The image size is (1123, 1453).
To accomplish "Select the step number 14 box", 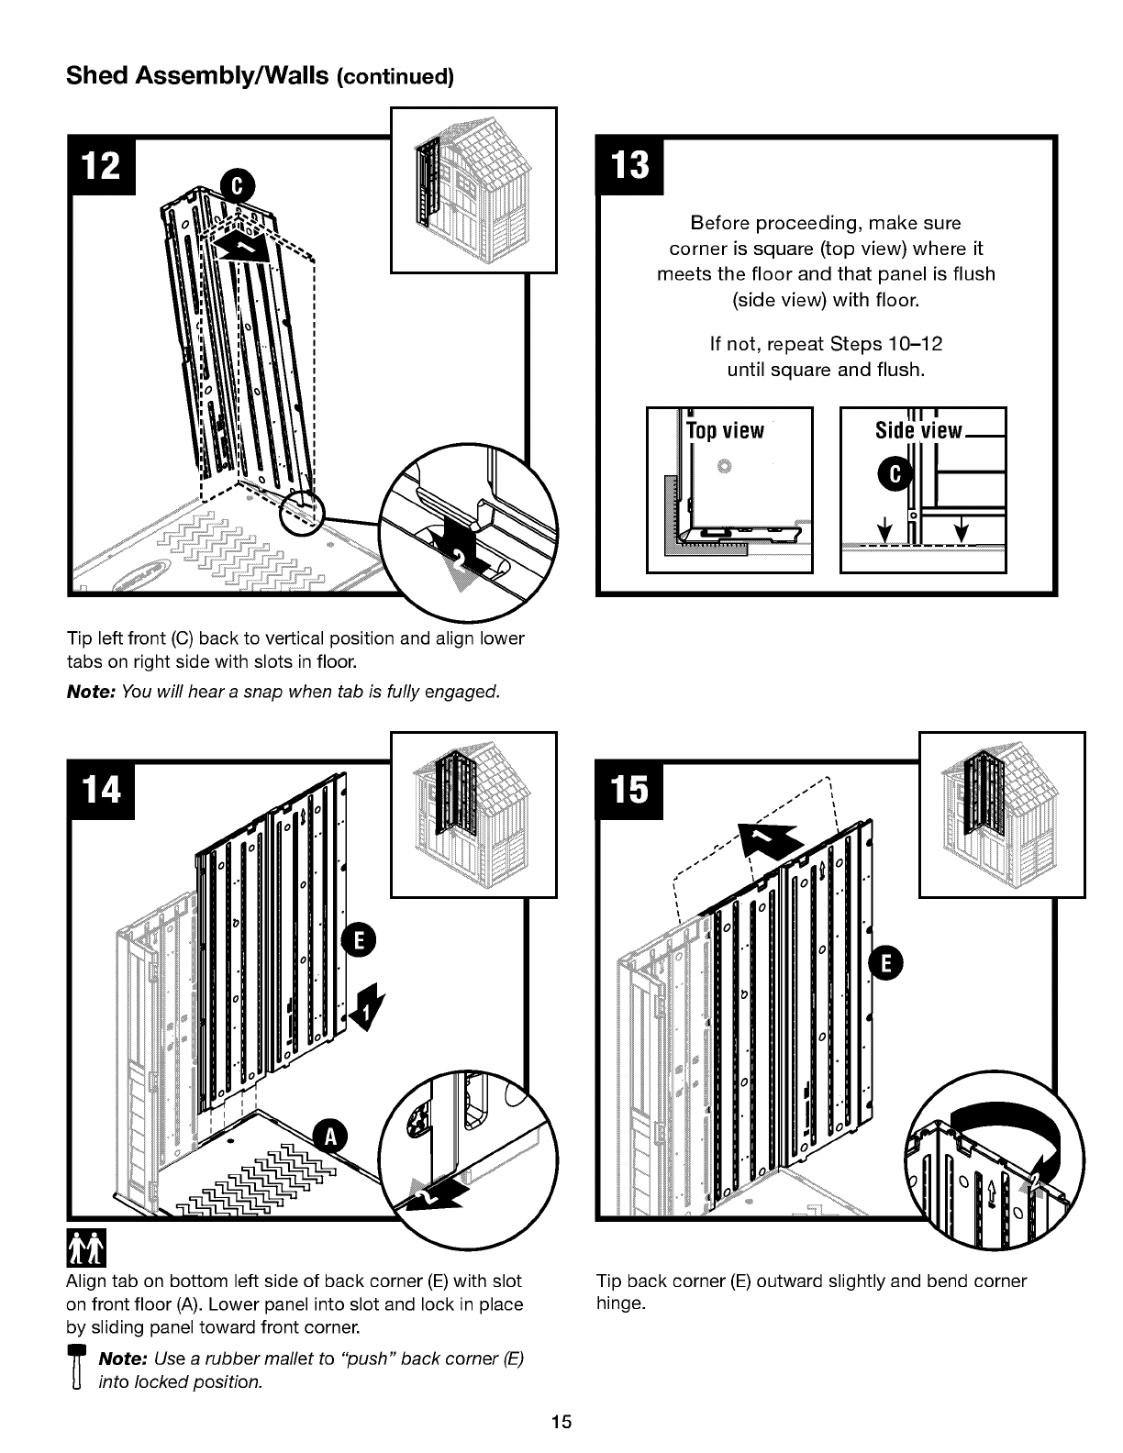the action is tap(102, 790).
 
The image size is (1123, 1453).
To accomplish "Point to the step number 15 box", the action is tap(630, 790).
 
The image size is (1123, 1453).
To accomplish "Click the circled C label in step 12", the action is tap(239, 186).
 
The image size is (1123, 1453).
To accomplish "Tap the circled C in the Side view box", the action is tap(895, 474).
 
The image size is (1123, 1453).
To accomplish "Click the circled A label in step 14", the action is tap(330, 1136).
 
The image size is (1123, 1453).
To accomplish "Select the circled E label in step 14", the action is tap(359, 940).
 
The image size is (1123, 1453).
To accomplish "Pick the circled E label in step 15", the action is tap(886, 963).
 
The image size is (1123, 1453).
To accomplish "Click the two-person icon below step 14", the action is tap(86, 1248).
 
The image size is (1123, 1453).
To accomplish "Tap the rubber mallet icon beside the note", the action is tap(78, 1366).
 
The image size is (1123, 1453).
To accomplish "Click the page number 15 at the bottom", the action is tap(561, 1422).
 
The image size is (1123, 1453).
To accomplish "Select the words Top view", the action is tap(725, 430).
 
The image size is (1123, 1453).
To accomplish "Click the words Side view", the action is tap(918, 430).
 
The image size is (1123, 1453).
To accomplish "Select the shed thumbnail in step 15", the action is tap(1002, 815).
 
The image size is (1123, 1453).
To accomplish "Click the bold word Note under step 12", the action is tap(93, 692).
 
